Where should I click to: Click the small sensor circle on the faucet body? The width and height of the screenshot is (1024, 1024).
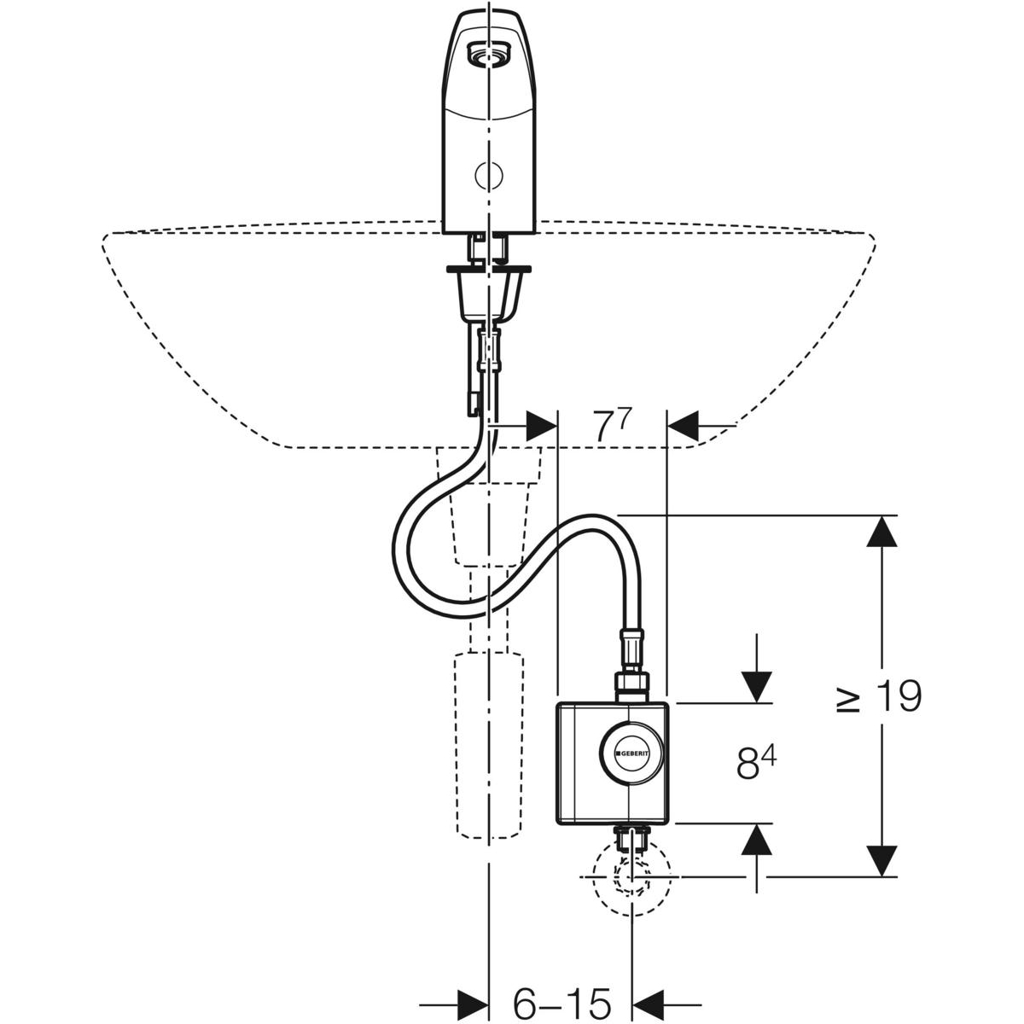pos(488,176)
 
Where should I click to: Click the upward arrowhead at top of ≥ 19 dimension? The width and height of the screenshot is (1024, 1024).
pos(881,532)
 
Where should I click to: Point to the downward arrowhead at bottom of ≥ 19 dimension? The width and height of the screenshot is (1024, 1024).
pos(881,860)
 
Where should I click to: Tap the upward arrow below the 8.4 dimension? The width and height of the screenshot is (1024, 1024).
pos(756,841)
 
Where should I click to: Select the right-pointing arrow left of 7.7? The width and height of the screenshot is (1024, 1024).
pos(540,423)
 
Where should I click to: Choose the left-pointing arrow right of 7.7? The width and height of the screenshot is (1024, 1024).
pos(683,423)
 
